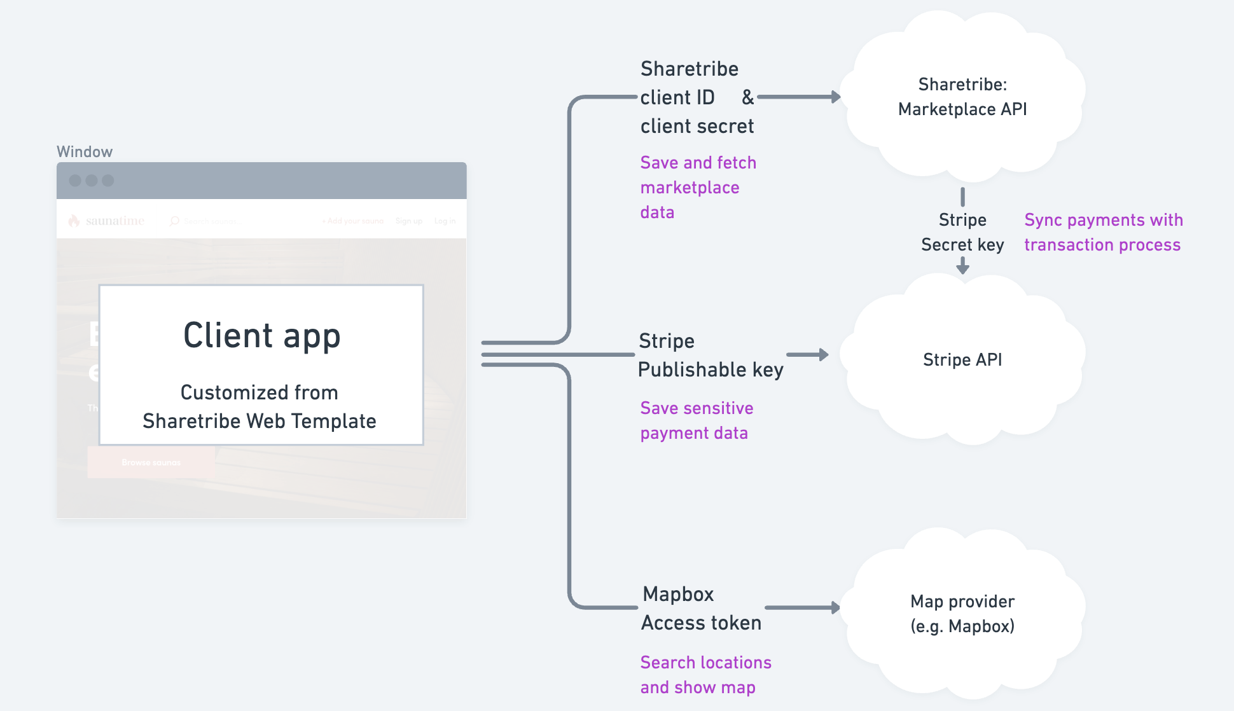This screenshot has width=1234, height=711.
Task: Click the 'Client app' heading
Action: pos(261,335)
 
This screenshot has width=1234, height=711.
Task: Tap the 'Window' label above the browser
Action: pos(85,152)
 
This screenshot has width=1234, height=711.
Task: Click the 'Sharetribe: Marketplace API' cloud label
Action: pos(962,97)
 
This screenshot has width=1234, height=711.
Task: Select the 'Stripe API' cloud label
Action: pos(962,360)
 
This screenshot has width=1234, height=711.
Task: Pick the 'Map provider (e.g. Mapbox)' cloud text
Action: pos(962,614)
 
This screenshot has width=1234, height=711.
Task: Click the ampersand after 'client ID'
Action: pos(747,97)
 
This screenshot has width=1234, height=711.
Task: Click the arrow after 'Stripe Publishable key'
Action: pos(808,355)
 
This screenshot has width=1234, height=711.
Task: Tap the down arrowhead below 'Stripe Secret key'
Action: pos(963,266)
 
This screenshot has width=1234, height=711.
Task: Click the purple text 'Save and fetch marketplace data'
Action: pos(697,188)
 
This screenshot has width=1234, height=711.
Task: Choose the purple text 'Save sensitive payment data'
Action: pos(696,420)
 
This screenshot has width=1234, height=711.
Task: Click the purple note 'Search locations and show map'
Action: pos(705,675)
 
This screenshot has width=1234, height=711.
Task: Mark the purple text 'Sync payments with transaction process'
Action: pos(1103,232)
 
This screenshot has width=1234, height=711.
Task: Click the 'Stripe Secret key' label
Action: pos(962,232)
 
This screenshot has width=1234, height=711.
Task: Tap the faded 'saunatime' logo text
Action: pos(114,221)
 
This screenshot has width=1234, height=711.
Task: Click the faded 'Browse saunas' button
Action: pos(151,462)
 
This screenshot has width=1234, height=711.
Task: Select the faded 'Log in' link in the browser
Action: pos(445,221)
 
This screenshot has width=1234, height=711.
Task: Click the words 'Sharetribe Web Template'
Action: pos(260,421)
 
